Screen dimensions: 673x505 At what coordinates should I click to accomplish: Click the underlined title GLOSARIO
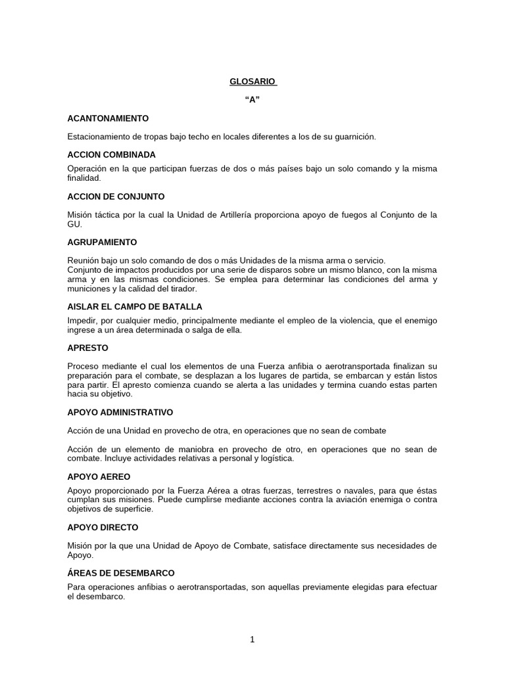point(252,81)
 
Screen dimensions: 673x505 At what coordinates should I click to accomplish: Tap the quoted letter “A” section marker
point(252,100)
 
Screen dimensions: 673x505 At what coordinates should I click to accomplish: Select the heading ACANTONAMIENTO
point(108,118)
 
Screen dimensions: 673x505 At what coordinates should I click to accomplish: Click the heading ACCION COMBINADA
point(111,154)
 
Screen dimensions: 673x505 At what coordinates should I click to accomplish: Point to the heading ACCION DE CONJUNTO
point(116,197)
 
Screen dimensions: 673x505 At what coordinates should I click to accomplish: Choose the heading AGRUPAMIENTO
point(102,242)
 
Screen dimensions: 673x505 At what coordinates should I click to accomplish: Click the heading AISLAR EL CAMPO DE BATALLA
point(135,306)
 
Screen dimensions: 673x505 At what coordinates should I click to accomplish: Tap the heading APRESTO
point(87,348)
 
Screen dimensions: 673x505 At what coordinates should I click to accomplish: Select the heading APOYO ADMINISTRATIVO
point(120,412)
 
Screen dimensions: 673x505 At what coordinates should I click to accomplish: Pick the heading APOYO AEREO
point(99,476)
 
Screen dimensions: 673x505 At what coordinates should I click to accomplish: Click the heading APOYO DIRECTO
point(103,527)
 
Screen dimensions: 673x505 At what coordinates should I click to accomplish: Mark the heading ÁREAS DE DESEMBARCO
point(121,572)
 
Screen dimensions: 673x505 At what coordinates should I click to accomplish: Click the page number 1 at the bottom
point(252,639)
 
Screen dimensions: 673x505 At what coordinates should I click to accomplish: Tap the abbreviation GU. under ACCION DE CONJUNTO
point(74,224)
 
